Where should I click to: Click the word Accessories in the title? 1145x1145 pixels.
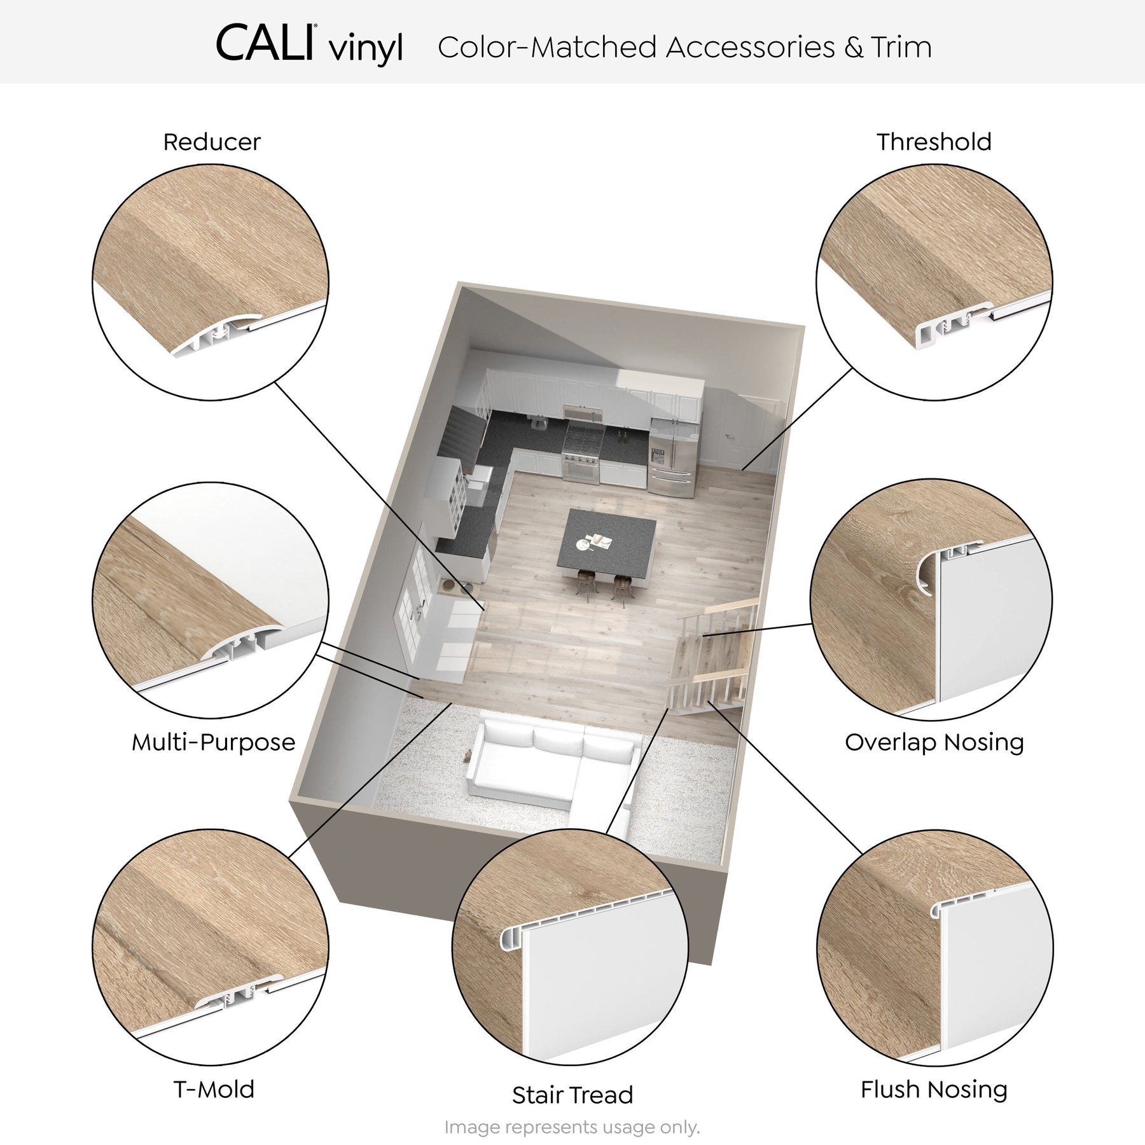tap(750, 47)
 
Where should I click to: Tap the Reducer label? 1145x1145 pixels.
tap(212, 142)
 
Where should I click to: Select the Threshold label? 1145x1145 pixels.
tap(934, 142)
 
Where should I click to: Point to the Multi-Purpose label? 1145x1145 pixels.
tap(214, 742)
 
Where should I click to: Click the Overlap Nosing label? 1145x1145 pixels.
tap(934, 742)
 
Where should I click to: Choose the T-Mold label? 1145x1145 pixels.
tap(214, 1089)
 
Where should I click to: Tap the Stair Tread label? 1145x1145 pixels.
tap(572, 1095)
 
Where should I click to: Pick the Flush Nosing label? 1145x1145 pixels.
tap(934, 1089)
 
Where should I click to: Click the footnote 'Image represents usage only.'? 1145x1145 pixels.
tap(572, 1128)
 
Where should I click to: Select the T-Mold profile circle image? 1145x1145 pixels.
tap(211, 947)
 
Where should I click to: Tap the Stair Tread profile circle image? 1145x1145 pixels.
tap(571, 947)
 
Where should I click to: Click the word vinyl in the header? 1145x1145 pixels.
tap(367, 50)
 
